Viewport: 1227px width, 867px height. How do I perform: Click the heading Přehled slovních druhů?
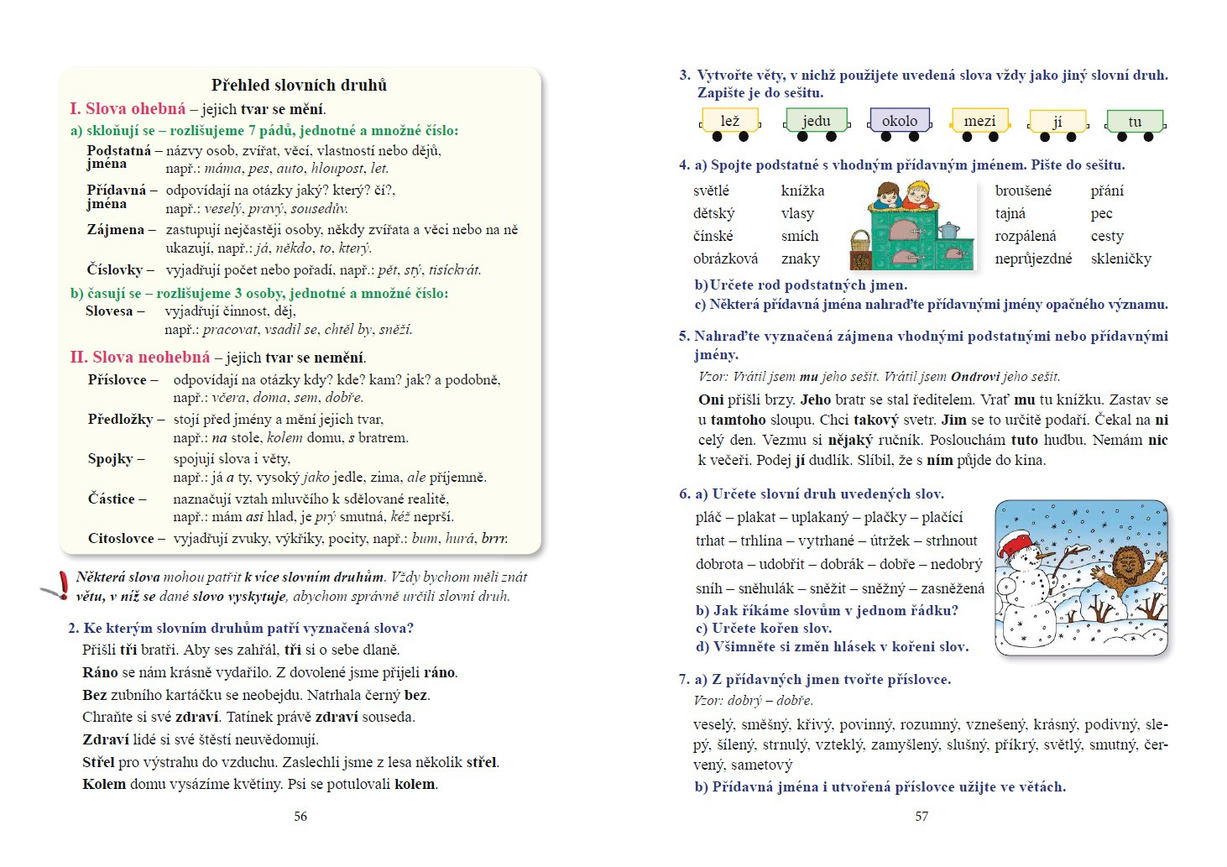point(299,85)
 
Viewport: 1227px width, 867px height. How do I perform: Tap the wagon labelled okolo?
point(900,121)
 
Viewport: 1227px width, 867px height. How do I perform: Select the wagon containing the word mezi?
point(979,122)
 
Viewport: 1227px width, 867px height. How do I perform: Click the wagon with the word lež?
point(730,122)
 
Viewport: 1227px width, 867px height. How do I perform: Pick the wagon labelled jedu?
point(816,122)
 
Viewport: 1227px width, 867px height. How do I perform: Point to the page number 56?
point(300,816)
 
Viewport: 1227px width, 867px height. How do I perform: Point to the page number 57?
point(922,816)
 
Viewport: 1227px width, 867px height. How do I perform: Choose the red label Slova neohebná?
point(139,357)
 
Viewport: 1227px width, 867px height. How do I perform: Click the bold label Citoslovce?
point(121,538)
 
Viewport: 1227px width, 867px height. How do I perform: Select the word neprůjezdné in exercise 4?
point(1033,259)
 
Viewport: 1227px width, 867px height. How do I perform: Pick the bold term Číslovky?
point(115,269)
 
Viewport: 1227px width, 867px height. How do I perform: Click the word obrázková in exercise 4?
point(725,259)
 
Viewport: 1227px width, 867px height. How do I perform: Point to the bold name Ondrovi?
point(975,376)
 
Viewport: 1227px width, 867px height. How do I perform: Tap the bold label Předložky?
point(121,419)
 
